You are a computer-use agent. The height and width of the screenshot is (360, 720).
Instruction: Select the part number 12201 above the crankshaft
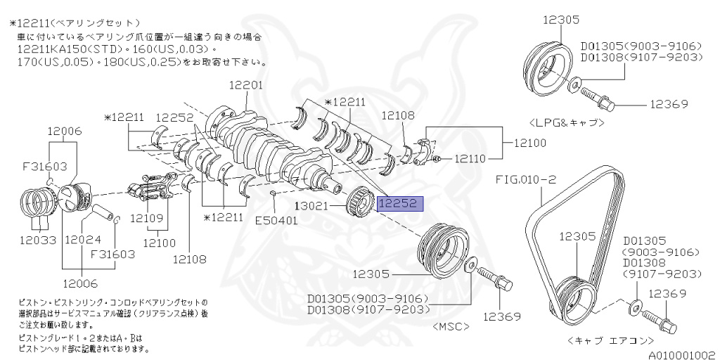click(245, 86)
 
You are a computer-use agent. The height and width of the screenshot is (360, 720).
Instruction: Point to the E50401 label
click(277, 220)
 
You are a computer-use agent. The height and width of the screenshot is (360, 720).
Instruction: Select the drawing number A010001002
click(681, 355)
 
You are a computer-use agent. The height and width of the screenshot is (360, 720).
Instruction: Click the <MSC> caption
click(452, 327)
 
